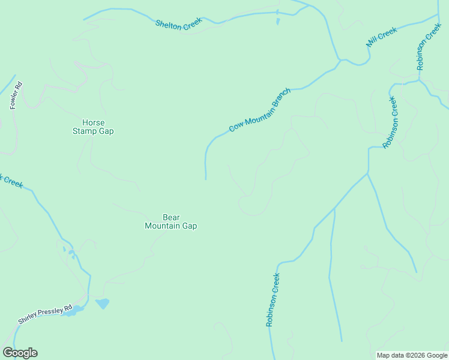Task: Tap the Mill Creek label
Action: pos(382,37)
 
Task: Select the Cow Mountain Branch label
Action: pos(260,110)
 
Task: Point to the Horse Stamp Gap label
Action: pos(93,127)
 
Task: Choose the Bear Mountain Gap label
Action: pos(171,222)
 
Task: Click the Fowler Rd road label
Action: pos(16,95)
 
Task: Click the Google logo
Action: pos(20,353)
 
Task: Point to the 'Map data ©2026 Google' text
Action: pos(412,355)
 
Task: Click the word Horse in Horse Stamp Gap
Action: pos(93,122)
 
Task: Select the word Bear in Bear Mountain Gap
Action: pos(171,218)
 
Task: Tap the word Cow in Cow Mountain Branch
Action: pos(236,127)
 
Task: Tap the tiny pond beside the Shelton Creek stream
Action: pos(278,22)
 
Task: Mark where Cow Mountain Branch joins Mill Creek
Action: pos(340,61)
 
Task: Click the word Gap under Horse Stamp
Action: pos(106,131)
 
